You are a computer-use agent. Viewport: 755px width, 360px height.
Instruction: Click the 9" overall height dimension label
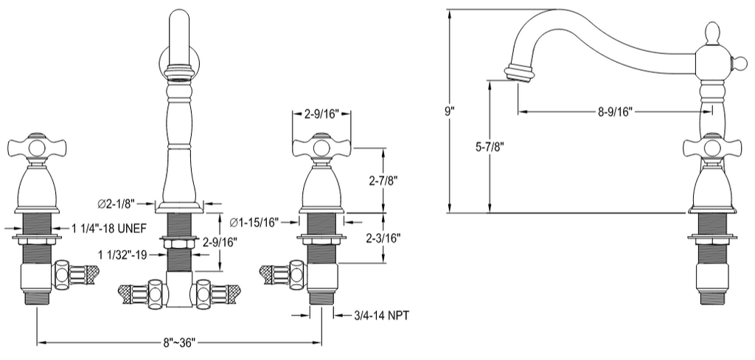449,111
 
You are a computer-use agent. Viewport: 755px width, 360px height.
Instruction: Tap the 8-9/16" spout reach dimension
616,112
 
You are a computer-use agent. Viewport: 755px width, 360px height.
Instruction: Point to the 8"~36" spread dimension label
178,342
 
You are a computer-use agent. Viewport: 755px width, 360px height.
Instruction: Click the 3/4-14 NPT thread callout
381,316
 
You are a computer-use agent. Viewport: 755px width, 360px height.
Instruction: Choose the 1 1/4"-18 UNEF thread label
109,229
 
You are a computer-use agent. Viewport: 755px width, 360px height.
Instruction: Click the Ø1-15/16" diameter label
254,222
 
